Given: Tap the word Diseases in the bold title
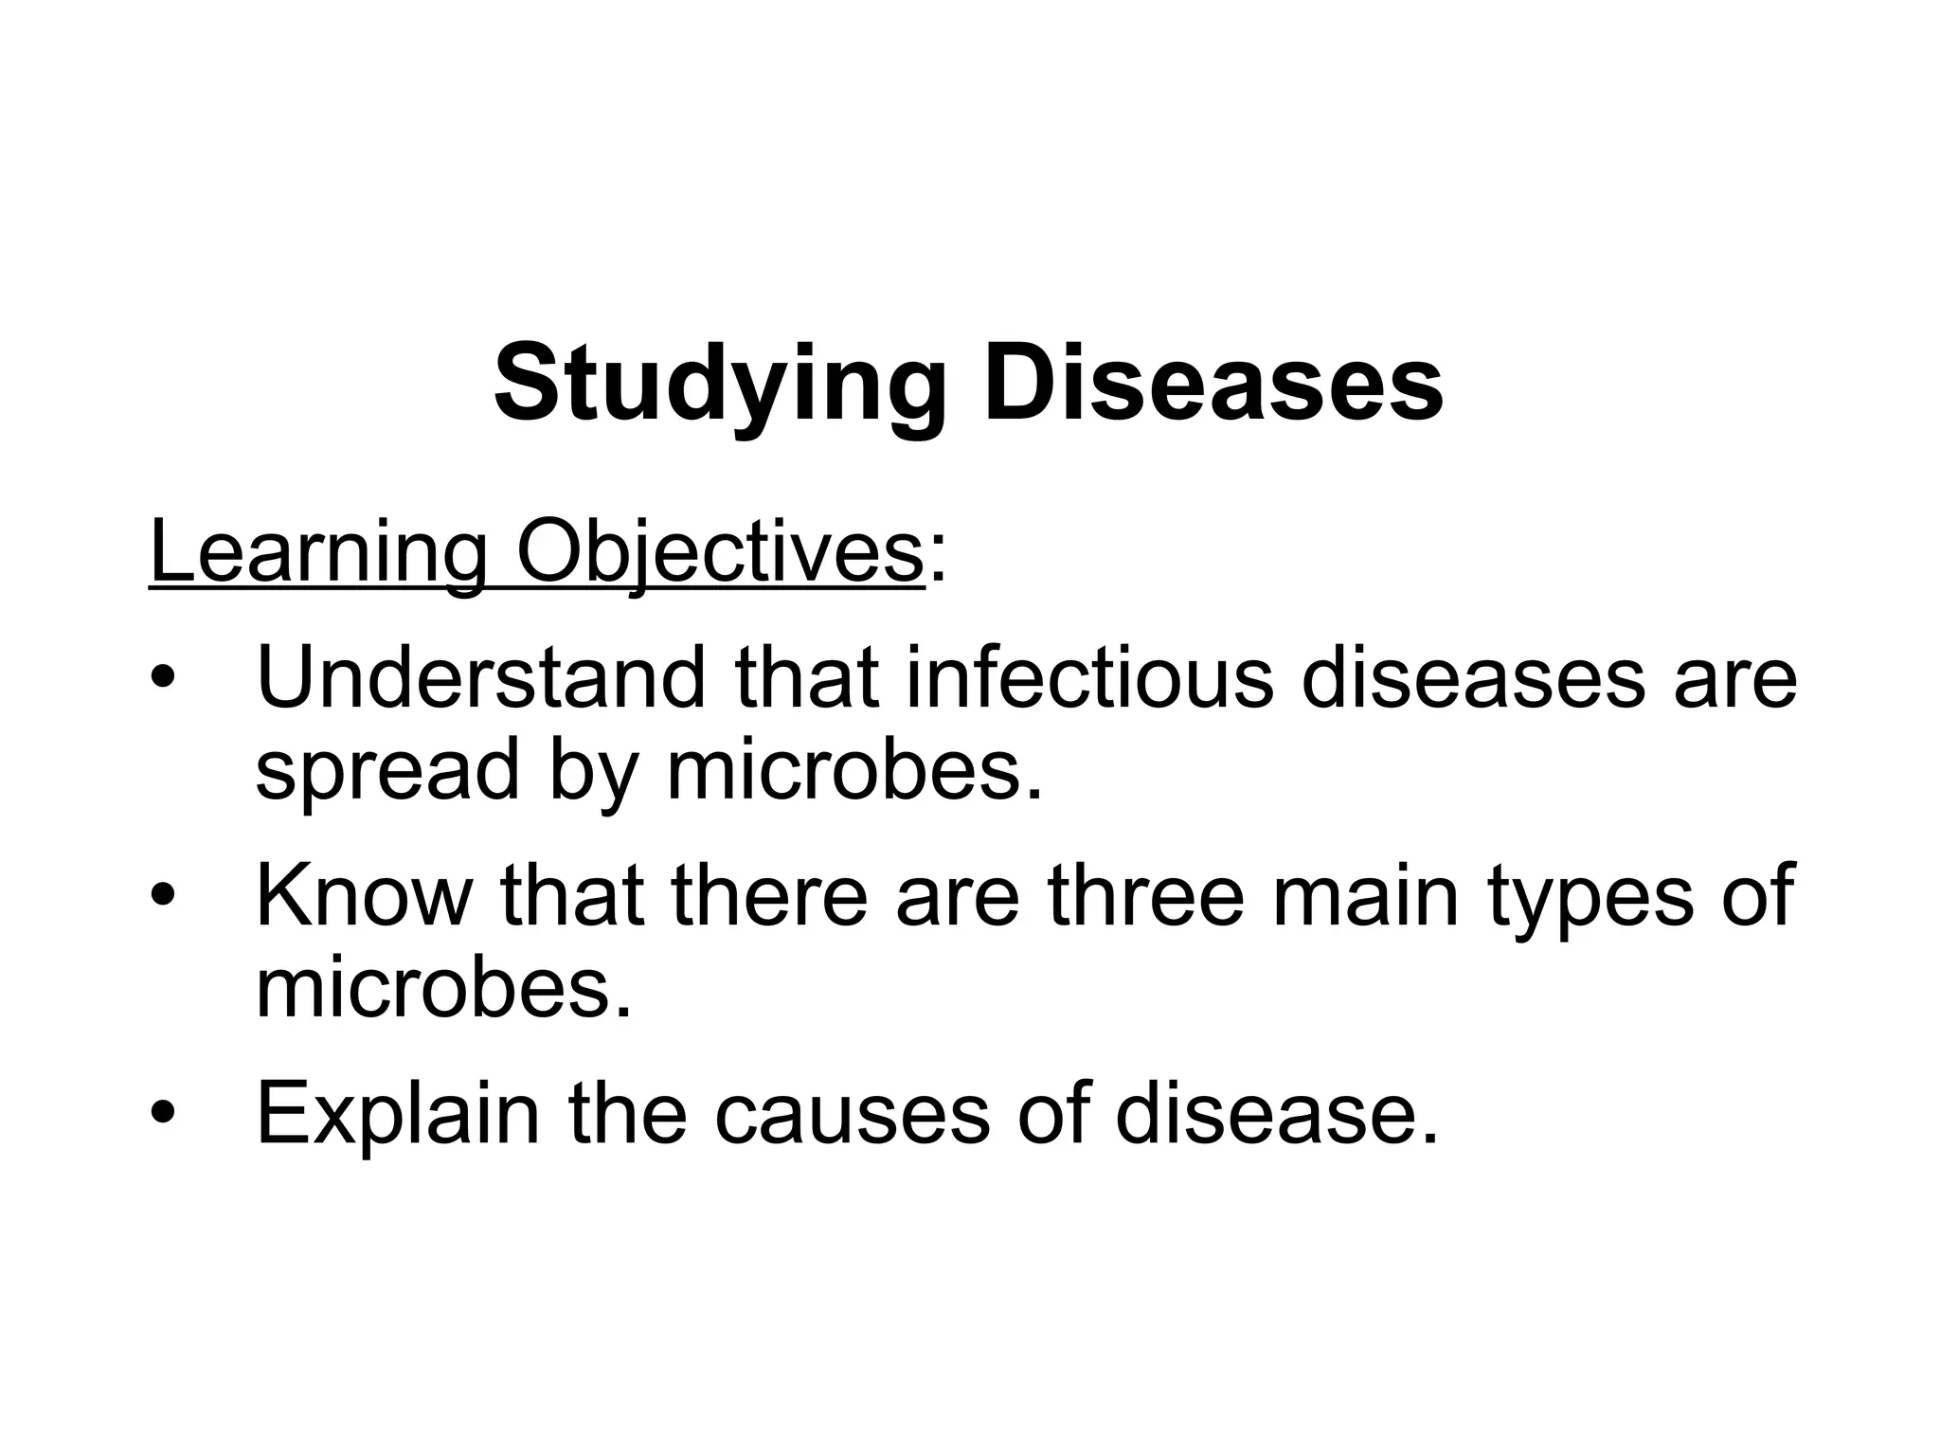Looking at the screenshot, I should click(x=1213, y=383).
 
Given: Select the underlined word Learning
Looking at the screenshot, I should click(x=318, y=555).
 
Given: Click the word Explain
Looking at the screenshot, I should click(x=397, y=1114).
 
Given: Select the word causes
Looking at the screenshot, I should click(x=852, y=1116).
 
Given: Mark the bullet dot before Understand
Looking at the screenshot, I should click(x=163, y=680).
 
